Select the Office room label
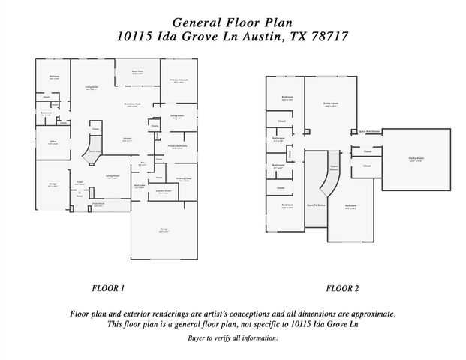coord(53,142)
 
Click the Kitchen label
coord(128,139)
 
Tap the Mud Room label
coord(139,186)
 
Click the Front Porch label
coord(98,204)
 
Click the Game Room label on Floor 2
coord(329,103)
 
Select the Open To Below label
coord(315,205)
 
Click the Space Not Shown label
coord(370,131)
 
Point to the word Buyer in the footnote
coord(197,338)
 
